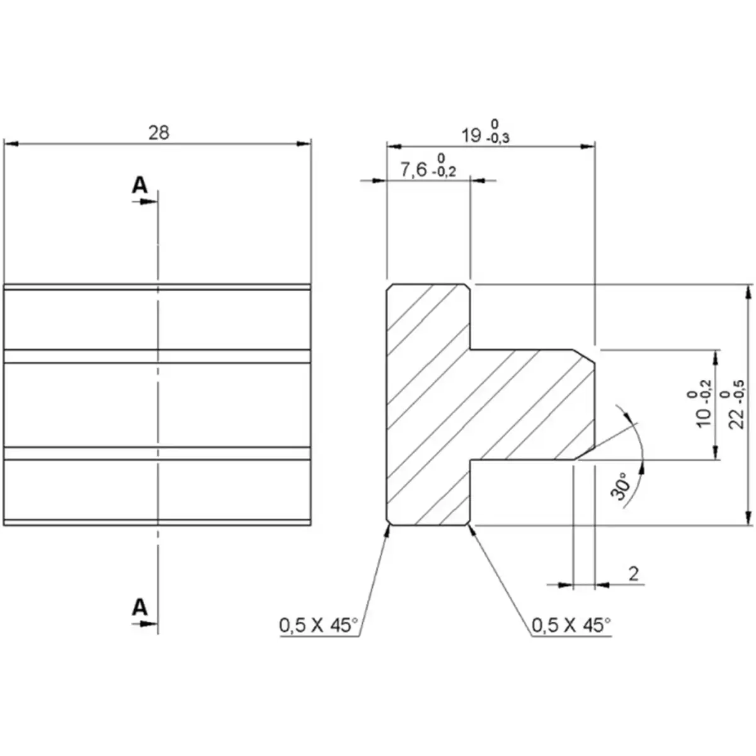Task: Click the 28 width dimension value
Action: pyautogui.click(x=159, y=133)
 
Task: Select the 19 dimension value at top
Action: pyautogui.click(x=471, y=135)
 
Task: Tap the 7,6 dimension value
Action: pyautogui.click(x=414, y=169)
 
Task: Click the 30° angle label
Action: pyautogui.click(x=622, y=486)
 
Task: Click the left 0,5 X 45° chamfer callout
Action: pyautogui.click(x=318, y=625)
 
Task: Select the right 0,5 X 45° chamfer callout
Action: pyautogui.click(x=571, y=625)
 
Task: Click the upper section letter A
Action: pyautogui.click(x=139, y=185)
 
